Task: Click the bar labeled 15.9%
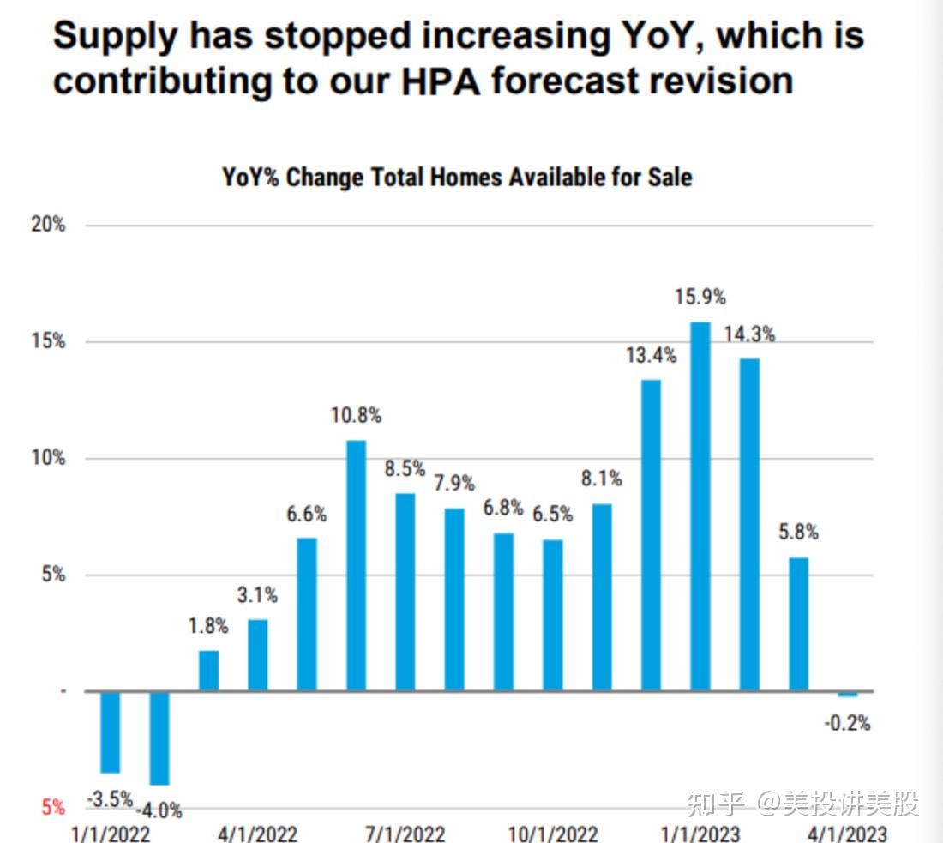pyautogui.click(x=700, y=506)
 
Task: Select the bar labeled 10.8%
pyautogui.click(x=356, y=565)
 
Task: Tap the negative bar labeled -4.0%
pyautogui.click(x=159, y=738)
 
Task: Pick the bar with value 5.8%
pyautogui.click(x=798, y=623)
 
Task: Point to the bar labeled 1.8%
pyautogui.click(x=208, y=671)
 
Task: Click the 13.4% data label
pyautogui.click(x=651, y=355)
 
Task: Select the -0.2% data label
pyautogui.click(x=847, y=724)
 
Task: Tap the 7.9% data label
pyautogui.click(x=454, y=484)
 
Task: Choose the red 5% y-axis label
pyautogui.click(x=53, y=807)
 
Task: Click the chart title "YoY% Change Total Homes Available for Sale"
pyautogui.click(x=457, y=178)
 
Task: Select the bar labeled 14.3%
pyautogui.click(x=749, y=524)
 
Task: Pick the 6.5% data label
pyautogui.click(x=552, y=515)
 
